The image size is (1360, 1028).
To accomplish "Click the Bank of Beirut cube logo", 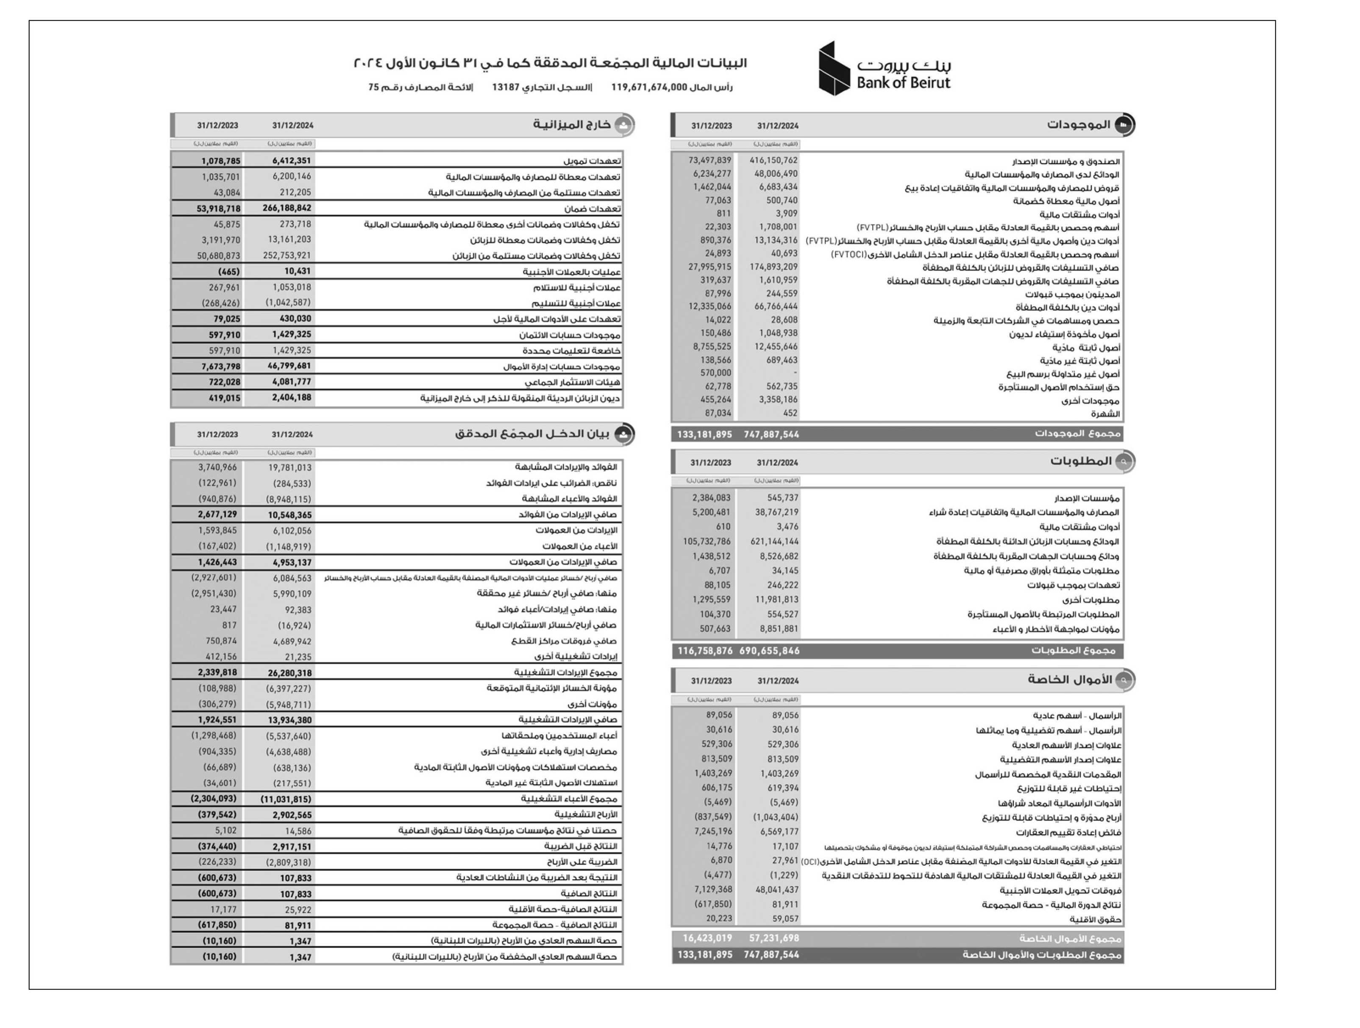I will pos(835,68).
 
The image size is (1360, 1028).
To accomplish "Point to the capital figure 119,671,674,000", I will pos(649,87).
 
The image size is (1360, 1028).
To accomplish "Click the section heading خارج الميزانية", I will pos(572,125).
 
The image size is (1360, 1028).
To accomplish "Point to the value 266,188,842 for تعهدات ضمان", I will pos(286,209).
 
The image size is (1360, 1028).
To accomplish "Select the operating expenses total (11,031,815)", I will pos(286,799).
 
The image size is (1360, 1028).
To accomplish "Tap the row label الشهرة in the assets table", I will pos(1105,414).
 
